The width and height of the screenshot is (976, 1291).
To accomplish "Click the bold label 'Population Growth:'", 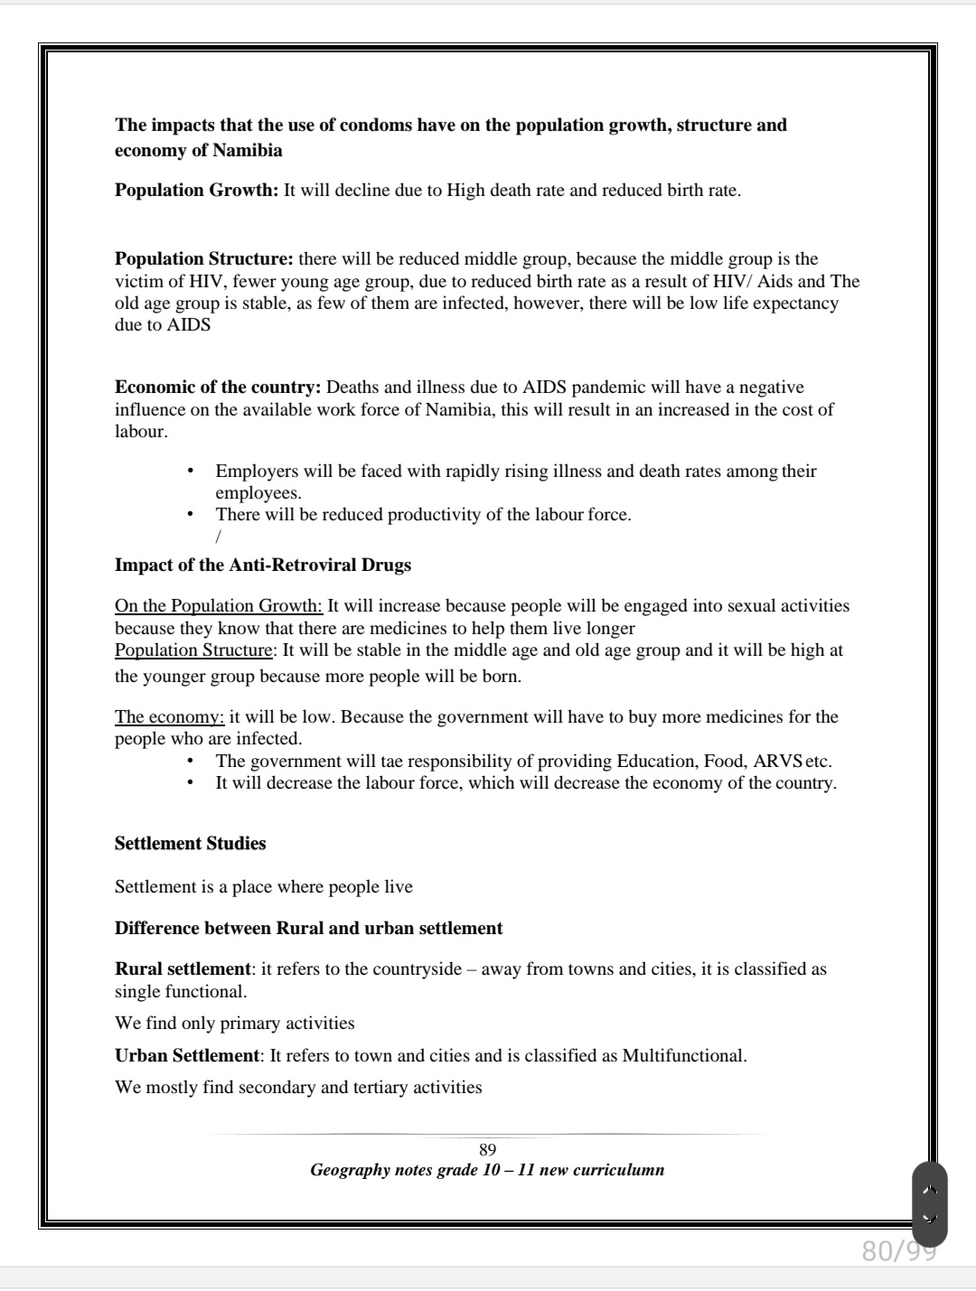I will click(x=196, y=190).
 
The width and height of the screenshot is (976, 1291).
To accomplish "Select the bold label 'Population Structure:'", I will click(x=203, y=259).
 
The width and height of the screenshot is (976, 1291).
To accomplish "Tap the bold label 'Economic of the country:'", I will click(x=218, y=388).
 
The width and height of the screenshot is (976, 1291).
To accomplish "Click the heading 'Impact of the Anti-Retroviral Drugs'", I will click(x=262, y=566).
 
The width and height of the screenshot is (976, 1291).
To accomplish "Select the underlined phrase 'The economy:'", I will click(x=169, y=717).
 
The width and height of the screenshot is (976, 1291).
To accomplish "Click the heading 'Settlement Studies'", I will click(x=190, y=844).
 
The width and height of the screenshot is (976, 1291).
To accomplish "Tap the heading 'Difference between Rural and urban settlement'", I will click(x=308, y=929).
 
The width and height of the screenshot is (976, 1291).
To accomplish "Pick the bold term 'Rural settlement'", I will click(x=183, y=969).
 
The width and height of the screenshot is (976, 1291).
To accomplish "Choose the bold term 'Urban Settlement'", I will click(x=186, y=1056).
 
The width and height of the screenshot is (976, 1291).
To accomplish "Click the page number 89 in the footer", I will click(x=487, y=1150).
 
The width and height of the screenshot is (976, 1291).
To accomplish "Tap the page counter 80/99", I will click(x=898, y=1250).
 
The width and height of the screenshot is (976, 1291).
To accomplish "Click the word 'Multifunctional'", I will click(x=683, y=1056).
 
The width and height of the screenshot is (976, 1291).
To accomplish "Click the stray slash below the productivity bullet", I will click(x=218, y=537).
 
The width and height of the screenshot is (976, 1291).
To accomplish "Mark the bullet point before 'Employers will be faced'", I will click(x=190, y=471).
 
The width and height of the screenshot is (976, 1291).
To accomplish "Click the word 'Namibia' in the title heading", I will click(x=248, y=151).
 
